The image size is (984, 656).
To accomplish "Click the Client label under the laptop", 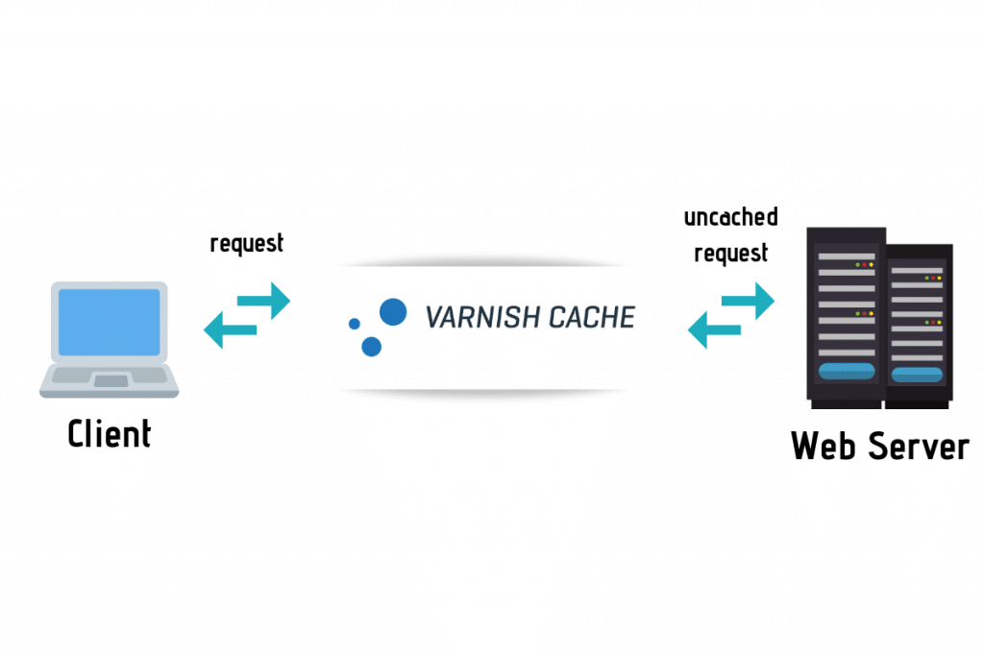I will click(x=109, y=434).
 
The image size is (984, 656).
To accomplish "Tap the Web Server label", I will click(x=879, y=446).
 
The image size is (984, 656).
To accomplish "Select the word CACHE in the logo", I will click(x=589, y=316).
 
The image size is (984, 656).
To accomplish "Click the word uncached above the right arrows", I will click(x=730, y=217).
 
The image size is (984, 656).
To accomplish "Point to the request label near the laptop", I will click(x=247, y=243).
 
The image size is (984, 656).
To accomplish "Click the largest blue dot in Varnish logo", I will click(x=393, y=311).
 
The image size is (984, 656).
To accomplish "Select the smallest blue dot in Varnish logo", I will click(x=354, y=324).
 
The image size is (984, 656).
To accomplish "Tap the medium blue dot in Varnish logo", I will click(x=371, y=346).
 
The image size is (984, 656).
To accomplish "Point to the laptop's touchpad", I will click(x=110, y=381).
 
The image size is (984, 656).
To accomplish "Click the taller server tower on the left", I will click(x=845, y=317).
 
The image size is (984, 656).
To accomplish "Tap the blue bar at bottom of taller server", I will click(x=846, y=372).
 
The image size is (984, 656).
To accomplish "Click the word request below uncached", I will click(x=730, y=254).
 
